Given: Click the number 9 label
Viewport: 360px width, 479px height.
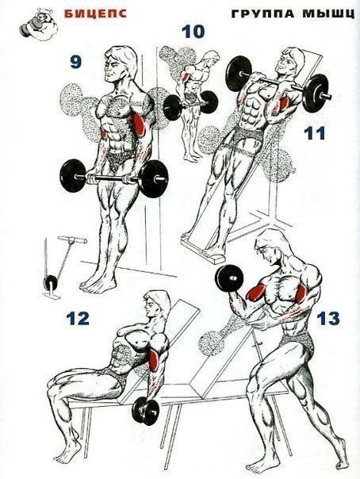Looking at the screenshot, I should coord(75,62).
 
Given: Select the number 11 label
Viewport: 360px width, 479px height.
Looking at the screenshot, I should coord(316,134).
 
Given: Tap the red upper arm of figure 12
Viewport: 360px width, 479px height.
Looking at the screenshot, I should coord(151,359).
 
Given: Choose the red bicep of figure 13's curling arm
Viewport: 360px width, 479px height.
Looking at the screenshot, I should coord(255,293).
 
